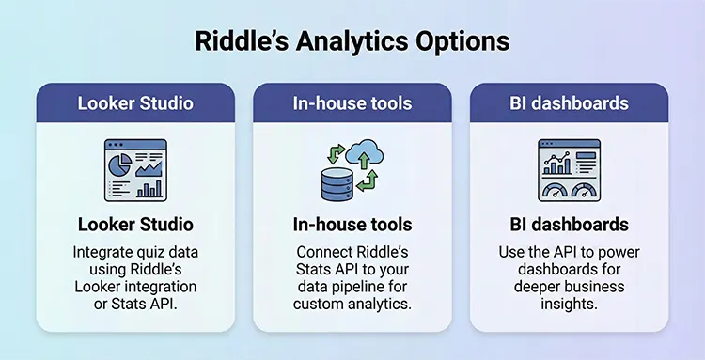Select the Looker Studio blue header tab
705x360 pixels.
tap(135, 102)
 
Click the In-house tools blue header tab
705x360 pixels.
tap(352, 102)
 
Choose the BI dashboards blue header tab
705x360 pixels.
tap(569, 102)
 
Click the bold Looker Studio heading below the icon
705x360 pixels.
tap(135, 226)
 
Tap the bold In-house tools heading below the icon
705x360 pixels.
tap(352, 226)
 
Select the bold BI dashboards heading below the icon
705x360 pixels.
tap(569, 226)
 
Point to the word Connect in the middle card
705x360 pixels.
tap(327, 252)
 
